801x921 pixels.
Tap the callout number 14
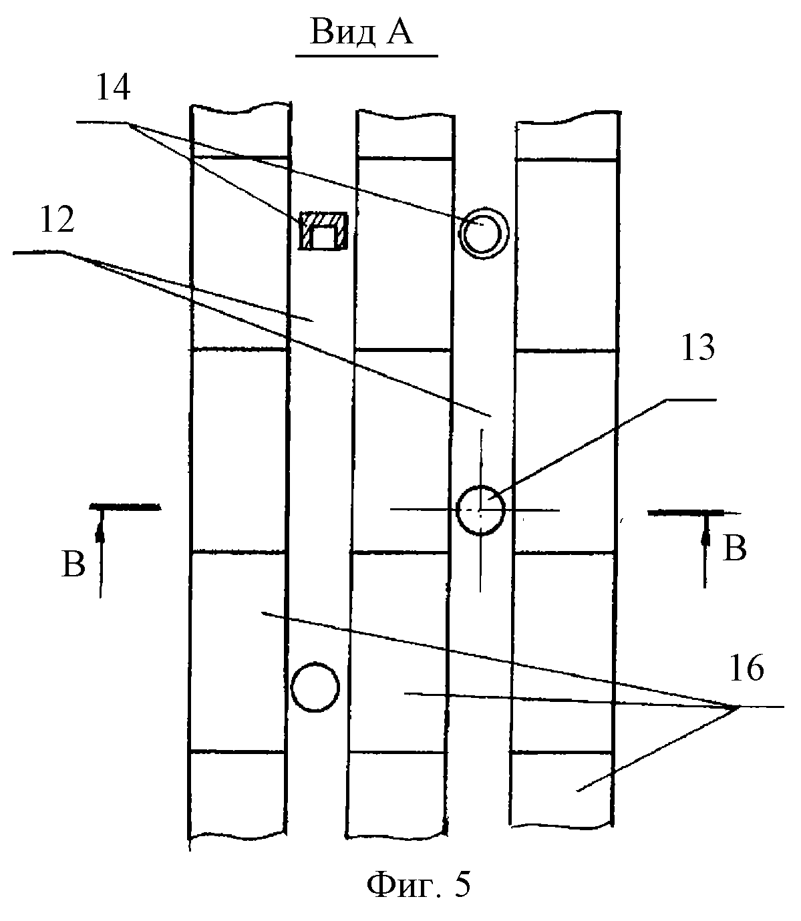click(x=114, y=88)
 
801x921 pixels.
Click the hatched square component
click(x=323, y=232)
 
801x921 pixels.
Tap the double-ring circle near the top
click(x=482, y=233)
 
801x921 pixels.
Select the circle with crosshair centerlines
click(x=480, y=510)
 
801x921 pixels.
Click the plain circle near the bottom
click(x=315, y=687)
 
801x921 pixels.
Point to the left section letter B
click(x=73, y=565)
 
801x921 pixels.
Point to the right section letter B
click(x=735, y=549)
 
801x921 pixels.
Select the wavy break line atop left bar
click(x=241, y=107)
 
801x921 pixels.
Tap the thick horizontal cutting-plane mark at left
click(x=125, y=508)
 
